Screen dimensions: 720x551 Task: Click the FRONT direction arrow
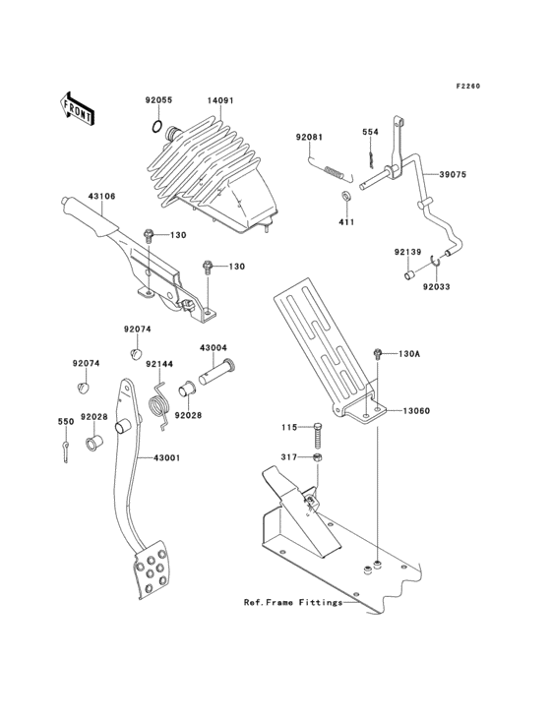click(77, 107)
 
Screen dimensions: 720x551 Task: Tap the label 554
click(370, 132)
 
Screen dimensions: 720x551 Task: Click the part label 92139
click(407, 253)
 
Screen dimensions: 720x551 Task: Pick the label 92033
click(438, 288)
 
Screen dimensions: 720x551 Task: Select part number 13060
click(414, 412)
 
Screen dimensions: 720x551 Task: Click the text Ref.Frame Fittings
click(292, 601)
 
